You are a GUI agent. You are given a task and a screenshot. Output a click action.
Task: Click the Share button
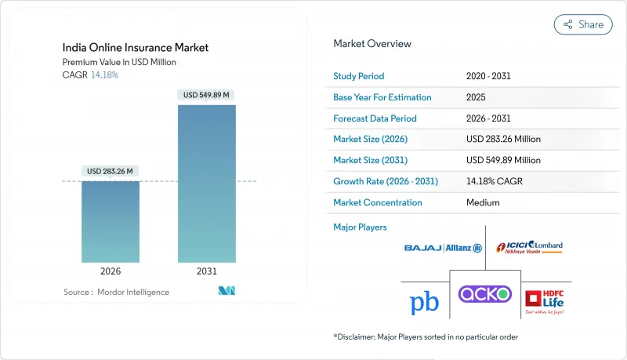583,24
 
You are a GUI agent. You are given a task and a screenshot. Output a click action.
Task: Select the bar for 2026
111,222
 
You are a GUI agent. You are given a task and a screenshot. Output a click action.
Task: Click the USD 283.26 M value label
111,172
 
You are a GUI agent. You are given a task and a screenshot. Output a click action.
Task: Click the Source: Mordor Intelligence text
116,292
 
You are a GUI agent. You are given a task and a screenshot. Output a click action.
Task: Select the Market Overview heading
372,43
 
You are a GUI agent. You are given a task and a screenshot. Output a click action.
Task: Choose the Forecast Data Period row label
375,118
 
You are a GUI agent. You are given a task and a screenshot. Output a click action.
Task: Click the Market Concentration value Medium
482,202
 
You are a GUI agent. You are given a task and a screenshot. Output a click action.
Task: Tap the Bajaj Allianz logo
444,248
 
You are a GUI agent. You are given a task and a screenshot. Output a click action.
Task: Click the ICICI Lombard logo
535,248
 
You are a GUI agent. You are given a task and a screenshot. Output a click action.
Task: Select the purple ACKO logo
484,295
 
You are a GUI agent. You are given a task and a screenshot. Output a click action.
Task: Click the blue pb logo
423,304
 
